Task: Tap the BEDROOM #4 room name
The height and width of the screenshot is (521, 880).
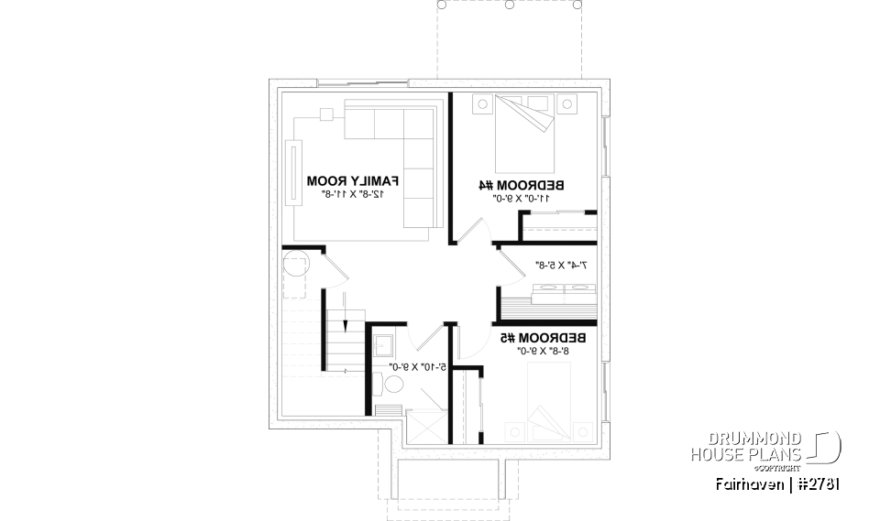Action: [522, 185]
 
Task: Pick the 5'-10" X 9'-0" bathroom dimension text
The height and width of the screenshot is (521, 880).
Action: [417, 366]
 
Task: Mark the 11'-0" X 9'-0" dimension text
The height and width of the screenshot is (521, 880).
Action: [521, 198]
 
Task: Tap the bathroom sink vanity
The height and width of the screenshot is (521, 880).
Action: [383, 345]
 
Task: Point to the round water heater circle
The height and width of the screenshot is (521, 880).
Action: [297, 267]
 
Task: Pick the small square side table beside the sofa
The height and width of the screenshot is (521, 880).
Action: [325, 115]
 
